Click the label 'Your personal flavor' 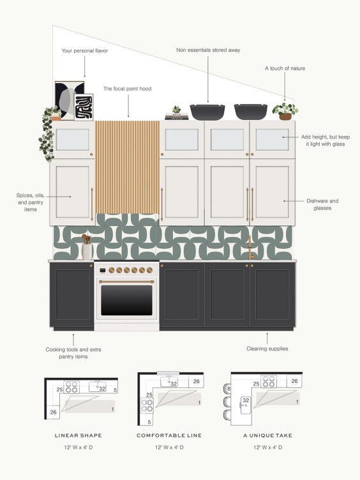tap(84, 50)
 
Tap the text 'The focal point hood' tap(127, 89)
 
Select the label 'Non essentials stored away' tap(208, 50)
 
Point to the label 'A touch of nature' tap(284, 68)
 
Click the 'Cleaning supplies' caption tap(267, 349)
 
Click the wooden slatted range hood tap(127, 172)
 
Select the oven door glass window tap(127, 300)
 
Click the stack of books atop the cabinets tap(177, 116)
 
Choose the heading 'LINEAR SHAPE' tap(79, 435)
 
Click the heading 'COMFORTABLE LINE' tap(169, 435)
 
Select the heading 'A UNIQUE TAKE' tap(267, 435)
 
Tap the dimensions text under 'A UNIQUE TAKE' tap(267, 448)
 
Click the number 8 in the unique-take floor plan tap(228, 388)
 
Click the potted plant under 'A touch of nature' tap(285, 112)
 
